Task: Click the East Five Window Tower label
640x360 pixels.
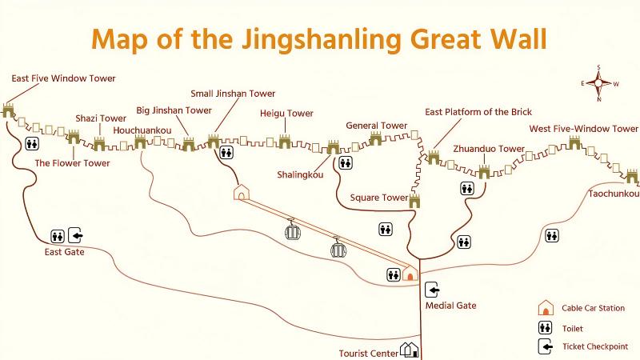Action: (x=63, y=78)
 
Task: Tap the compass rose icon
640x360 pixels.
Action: (x=598, y=83)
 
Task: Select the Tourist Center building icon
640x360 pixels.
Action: (x=410, y=350)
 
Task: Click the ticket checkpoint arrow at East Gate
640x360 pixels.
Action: (x=75, y=235)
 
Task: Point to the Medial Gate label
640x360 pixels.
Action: (x=450, y=306)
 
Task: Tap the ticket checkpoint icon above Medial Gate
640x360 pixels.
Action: (x=432, y=290)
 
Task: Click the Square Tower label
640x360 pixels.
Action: (x=379, y=197)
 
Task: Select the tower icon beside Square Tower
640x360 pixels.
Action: (x=414, y=200)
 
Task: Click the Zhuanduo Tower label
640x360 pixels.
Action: (x=489, y=149)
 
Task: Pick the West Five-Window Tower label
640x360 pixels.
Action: (x=584, y=129)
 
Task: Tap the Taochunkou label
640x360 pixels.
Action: (x=614, y=194)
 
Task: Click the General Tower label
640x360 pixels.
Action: (x=376, y=126)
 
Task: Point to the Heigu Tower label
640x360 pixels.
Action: (x=286, y=114)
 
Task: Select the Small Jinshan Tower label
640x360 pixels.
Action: (x=233, y=94)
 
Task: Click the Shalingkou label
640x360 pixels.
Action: (x=300, y=173)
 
